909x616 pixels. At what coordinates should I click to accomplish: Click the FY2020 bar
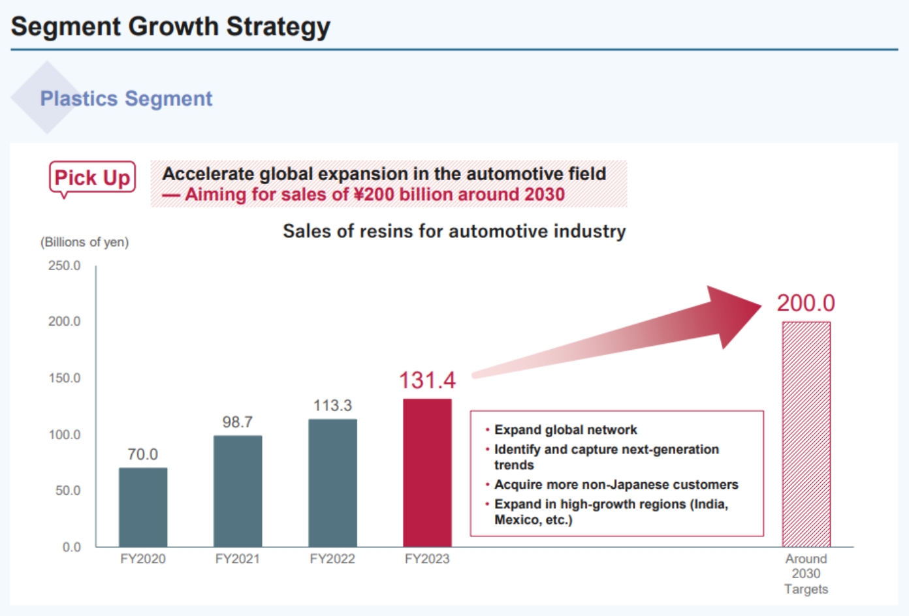point(143,507)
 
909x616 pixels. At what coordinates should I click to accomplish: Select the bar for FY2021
point(238,491)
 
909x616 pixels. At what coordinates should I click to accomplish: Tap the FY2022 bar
point(332,483)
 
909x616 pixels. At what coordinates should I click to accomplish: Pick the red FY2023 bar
point(427,472)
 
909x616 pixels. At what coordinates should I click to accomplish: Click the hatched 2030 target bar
point(806,434)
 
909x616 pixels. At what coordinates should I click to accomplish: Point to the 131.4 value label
point(427,380)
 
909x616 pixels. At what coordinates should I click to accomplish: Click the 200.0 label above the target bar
point(806,303)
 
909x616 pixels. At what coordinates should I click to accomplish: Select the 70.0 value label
point(142,454)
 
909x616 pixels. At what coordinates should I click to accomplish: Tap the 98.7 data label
point(237,422)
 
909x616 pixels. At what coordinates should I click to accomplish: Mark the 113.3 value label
point(332,406)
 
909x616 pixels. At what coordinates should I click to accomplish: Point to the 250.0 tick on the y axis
point(64,266)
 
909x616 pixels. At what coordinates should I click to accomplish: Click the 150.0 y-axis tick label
point(64,378)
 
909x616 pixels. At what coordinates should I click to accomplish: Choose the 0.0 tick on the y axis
point(71,547)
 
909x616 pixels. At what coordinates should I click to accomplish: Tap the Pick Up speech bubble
point(92,177)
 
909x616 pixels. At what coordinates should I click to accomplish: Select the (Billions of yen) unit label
point(84,242)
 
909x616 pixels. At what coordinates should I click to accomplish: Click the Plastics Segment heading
point(126,99)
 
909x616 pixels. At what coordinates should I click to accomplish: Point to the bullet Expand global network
point(565,430)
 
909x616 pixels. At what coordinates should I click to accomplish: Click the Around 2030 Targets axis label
point(806,574)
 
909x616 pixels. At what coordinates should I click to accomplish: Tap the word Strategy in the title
point(278,27)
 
